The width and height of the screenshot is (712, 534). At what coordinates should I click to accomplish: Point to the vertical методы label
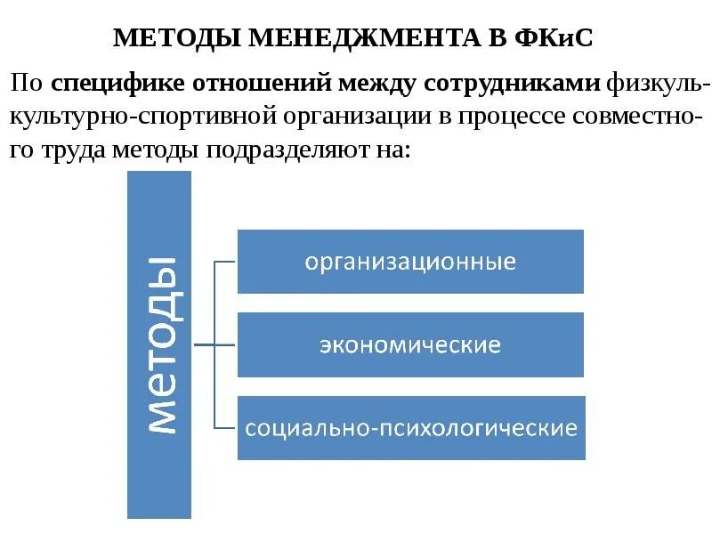[159, 344]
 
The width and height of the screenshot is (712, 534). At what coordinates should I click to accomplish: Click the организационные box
[410, 262]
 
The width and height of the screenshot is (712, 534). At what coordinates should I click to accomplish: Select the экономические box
[410, 344]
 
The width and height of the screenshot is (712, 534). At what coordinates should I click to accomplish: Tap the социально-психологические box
[410, 428]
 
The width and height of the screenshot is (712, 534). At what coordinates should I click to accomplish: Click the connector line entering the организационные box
[226, 262]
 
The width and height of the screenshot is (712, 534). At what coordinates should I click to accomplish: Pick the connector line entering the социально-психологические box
[226, 427]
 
